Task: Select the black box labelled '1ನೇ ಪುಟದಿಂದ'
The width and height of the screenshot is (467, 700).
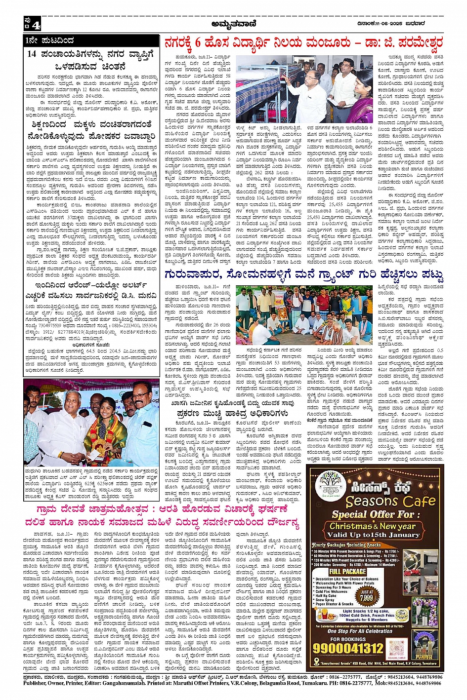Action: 50,40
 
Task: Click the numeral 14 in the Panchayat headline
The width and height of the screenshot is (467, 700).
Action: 33,55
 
